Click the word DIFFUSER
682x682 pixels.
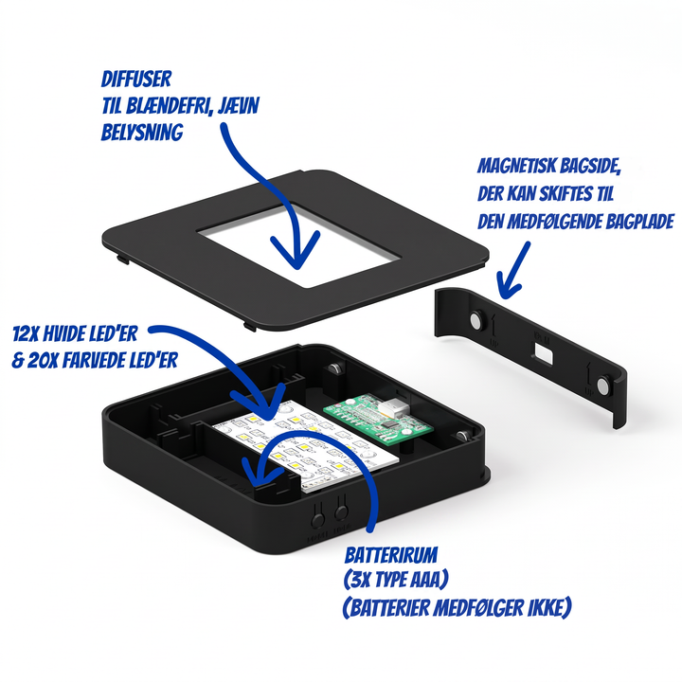coord(136,80)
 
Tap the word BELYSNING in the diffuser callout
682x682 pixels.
coord(142,133)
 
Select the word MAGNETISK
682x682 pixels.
coord(516,166)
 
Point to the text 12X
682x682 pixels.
coord(24,333)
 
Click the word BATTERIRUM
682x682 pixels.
coord(391,555)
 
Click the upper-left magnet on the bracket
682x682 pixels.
coord(476,320)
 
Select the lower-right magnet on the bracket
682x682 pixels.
coord(603,386)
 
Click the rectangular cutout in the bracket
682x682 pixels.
coord(544,351)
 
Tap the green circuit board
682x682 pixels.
coord(378,419)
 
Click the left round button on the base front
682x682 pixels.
coord(318,520)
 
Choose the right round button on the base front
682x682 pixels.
coord(341,511)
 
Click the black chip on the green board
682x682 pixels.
coord(390,424)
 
